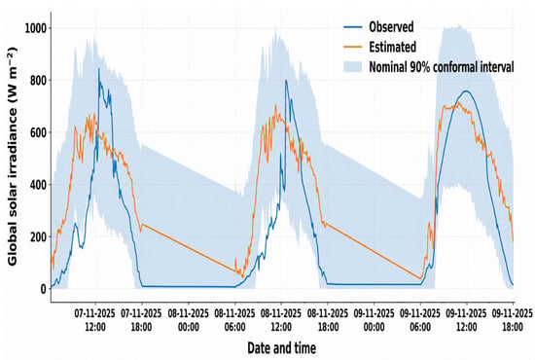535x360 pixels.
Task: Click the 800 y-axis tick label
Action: pyautogui.click(x=38, y=80)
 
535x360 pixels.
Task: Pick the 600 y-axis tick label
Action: pyautogui.click(x=38, y=132)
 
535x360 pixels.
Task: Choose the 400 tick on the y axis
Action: pyautogui.click(x=38, y=184)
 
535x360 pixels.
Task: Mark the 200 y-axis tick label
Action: pyautogui.click(x=38, y=236)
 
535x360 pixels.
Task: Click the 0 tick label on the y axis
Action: pyautogui.click(x=44, y=289)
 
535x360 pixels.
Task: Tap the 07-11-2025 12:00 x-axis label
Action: pyautogui.click(x=95, y=320)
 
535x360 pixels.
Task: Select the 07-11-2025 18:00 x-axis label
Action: pyautogui.click(x=142, y=320)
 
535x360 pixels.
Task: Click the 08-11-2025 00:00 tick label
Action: pyautogui.click(x=189, y=320)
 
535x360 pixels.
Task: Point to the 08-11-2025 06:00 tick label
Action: pyautogui.click(x=234, y=320)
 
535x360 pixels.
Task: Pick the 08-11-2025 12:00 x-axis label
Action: pyautogui.click(x=281, y=320)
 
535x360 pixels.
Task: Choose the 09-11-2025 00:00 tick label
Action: pyautogui.click(x=374, y=320)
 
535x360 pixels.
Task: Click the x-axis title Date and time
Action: pyautogui.click(x=282, y=348)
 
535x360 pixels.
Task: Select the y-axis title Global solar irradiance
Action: pyautogui.click(x=13, y=157)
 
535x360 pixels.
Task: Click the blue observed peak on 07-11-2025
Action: pyautogui.click(x=99, y=69)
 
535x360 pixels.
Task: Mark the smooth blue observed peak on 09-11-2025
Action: pyautogui.click(x=466, y=91)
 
